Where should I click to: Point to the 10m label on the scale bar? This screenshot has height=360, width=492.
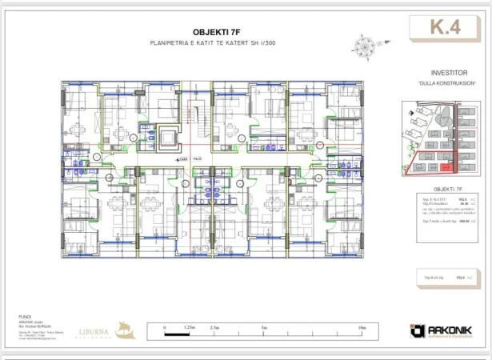(362, 327)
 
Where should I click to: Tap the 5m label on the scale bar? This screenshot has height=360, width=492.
(263, 327)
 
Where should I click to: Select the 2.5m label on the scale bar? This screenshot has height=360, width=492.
(214, 327)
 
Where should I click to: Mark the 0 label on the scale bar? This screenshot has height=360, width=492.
(164, 327)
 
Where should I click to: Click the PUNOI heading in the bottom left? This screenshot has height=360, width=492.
(23, 317)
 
